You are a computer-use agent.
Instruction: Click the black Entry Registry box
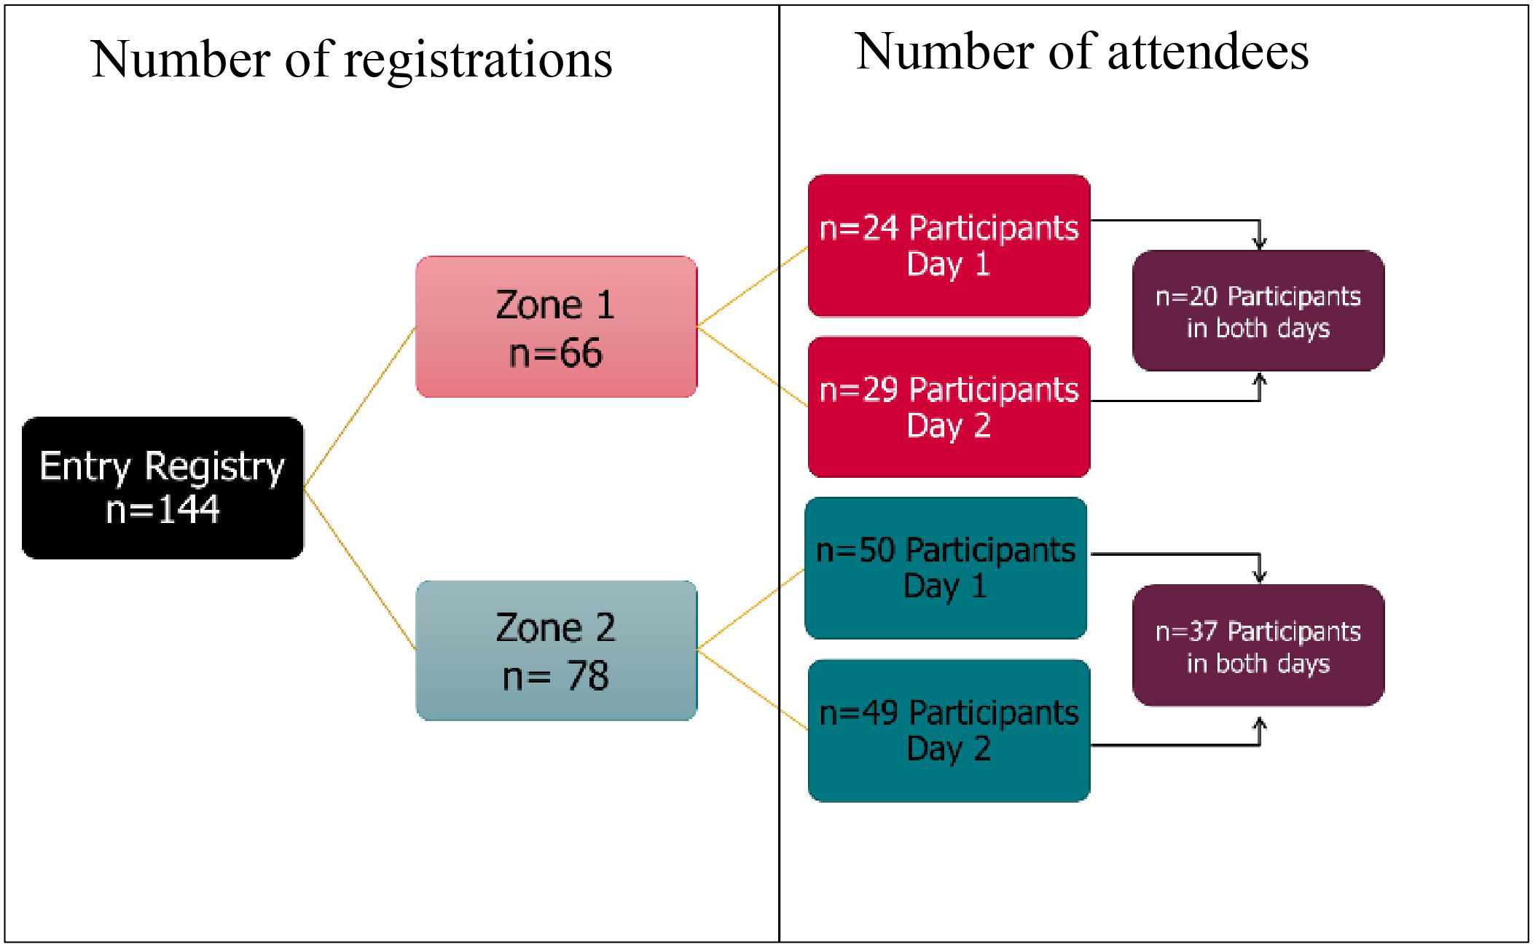click(162, 487)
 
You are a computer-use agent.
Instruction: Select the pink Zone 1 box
click(556, 326)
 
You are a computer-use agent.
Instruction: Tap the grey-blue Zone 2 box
click(556, 650)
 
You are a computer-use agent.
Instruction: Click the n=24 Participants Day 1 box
click(949, 245)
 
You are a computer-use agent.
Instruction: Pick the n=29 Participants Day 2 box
click(949, 407)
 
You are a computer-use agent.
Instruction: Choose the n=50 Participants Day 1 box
click(946, 568)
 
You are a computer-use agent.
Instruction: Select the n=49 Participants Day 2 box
click(949, 731)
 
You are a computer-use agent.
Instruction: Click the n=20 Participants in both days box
click(1258, 311)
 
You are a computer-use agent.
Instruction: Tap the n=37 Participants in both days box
click(1258, 645)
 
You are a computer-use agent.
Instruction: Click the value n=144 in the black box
click(162, 509)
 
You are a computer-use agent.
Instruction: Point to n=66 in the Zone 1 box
click(556, 353)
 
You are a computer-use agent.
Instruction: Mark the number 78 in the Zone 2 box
click(587, 676)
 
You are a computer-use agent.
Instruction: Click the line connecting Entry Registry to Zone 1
click(359, 407)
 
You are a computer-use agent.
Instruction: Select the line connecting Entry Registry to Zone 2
click(359, 568)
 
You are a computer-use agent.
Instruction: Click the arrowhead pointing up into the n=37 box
click(1259, 725)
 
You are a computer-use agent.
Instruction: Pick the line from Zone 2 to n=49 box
click(753, 689)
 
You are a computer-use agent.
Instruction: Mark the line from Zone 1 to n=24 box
click(753, 286)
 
